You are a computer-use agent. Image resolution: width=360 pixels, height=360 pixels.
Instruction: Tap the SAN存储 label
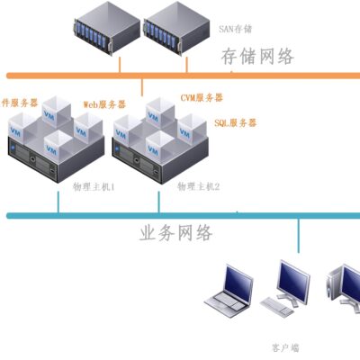[x=235, y=30]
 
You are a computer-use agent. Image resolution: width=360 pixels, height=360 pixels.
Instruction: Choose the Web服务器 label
[x=103, y=104]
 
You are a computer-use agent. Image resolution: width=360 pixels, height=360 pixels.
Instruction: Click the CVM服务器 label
[x=202, y=97]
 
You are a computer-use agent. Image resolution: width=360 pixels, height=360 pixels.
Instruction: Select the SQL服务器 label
[x=236, y=121]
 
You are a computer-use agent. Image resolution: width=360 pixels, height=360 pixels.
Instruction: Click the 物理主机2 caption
[x=199, y=186]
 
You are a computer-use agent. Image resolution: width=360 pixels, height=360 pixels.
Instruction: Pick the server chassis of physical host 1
[x=56, y=157]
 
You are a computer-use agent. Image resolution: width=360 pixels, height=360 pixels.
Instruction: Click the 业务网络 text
[x=176, y=233]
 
